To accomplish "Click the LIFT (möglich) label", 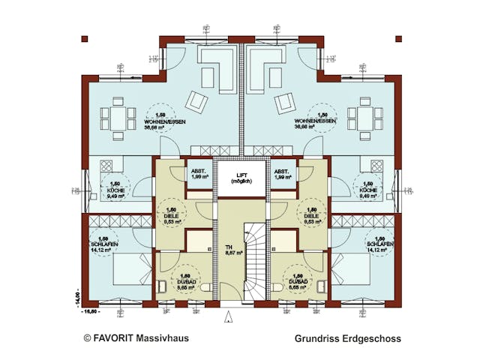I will click(x=241, y=178).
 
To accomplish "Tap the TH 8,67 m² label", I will click(x=229, y=250).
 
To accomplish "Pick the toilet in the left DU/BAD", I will click(x=163, y=286).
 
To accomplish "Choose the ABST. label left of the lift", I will click(x=199, y=172).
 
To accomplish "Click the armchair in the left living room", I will click(x=196, y=100).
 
